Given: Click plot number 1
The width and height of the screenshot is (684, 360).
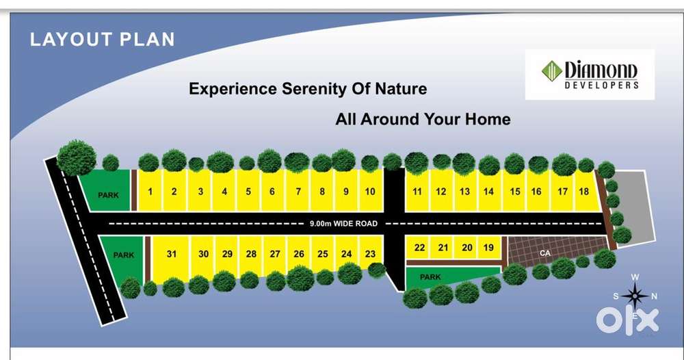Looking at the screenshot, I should pyautogui.click(x=150, y=192).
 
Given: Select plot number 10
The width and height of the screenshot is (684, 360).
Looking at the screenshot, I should pyautogui.click(x=370, y=192).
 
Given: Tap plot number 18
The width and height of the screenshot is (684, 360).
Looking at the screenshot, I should pyautogui.click(x=583, y=192).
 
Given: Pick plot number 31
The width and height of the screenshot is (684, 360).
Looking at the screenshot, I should pyautogui.click(x=172, y=254).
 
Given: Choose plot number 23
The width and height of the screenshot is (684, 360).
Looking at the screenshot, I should pyautogui.click(x=370, y=254).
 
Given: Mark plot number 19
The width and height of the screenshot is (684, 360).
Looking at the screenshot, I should pyautogui.click(x=488, y=248).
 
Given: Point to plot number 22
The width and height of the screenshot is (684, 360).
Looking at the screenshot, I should pyautogui.click(x=419, y=248).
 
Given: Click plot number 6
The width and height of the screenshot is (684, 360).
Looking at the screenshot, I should pyautogui.click(x=272, y=192).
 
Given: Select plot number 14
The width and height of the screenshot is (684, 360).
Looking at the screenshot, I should pyautogui.click(x=488, y=192).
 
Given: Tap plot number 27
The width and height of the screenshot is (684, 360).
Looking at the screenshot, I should pyautogui.click(x=275, y=254).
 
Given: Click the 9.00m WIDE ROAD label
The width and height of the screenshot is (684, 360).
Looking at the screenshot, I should pyautogui.click(x=343, y=223).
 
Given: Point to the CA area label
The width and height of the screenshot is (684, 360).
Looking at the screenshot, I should pyautogui.click(x=545, y=253).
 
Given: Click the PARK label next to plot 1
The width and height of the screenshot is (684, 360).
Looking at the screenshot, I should pyautogui.click(x=108, y=195).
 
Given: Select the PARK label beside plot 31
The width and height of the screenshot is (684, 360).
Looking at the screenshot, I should pyautogui.click(x=124, y=255).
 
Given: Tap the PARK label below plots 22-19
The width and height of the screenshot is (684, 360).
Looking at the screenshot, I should pyautogui.click(x=430, y=277).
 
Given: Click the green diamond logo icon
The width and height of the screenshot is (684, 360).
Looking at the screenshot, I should pyautogui.click(x=551, y=71).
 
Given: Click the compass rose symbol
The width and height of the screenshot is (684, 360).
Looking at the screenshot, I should pyautogui.click(x=635, y=296).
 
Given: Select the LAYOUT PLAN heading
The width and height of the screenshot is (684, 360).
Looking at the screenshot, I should pyautogui.click(x=103, y=39).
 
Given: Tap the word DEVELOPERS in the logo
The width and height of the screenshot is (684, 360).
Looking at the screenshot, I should pyautogui.click(x=602, y=86).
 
